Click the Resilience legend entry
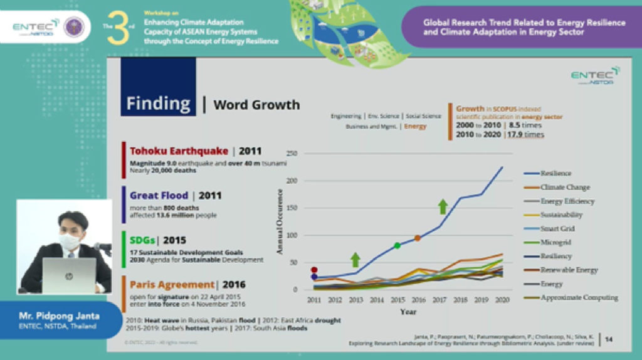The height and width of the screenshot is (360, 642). click(x=555, y=173)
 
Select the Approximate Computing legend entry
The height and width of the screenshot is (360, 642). click(x=579, y=297)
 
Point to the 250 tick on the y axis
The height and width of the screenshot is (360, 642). click(x=290, y=153)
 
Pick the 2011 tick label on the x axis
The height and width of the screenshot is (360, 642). click(x=315, y=300)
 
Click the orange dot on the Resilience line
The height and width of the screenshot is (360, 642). click(x=418, y=238)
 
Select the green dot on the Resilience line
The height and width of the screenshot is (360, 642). click(x=397, y=245)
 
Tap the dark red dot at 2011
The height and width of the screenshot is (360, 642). click(x=314, y=270)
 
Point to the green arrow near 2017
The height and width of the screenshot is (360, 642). click(x=443, y=206)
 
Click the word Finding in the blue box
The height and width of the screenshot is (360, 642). click(x=158, y=103)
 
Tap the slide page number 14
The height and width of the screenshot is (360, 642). click(x=609, y=339)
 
